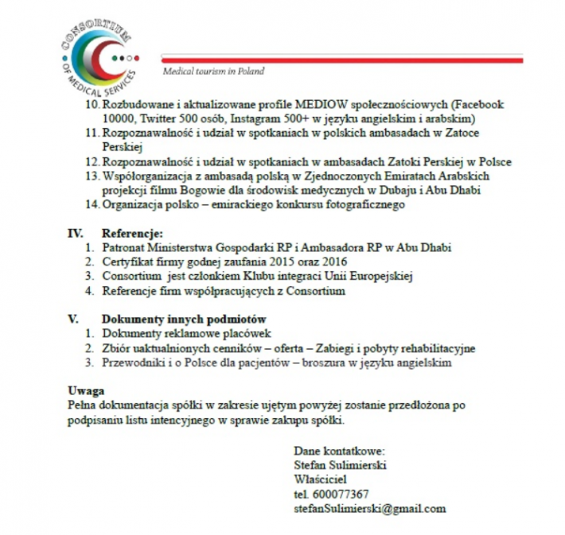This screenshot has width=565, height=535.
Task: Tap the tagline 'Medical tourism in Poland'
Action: pos(213,71)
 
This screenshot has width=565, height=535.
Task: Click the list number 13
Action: pos(92,176)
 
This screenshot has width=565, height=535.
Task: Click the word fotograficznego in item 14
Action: pos(363,204)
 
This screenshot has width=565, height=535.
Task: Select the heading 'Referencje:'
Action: pos(132,234)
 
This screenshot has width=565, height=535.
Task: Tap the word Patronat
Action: pos(126,248)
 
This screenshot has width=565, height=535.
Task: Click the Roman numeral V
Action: pos(71,320)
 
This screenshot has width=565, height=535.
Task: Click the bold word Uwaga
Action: pos(85,391)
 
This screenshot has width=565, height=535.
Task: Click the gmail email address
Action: pos(370,509)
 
